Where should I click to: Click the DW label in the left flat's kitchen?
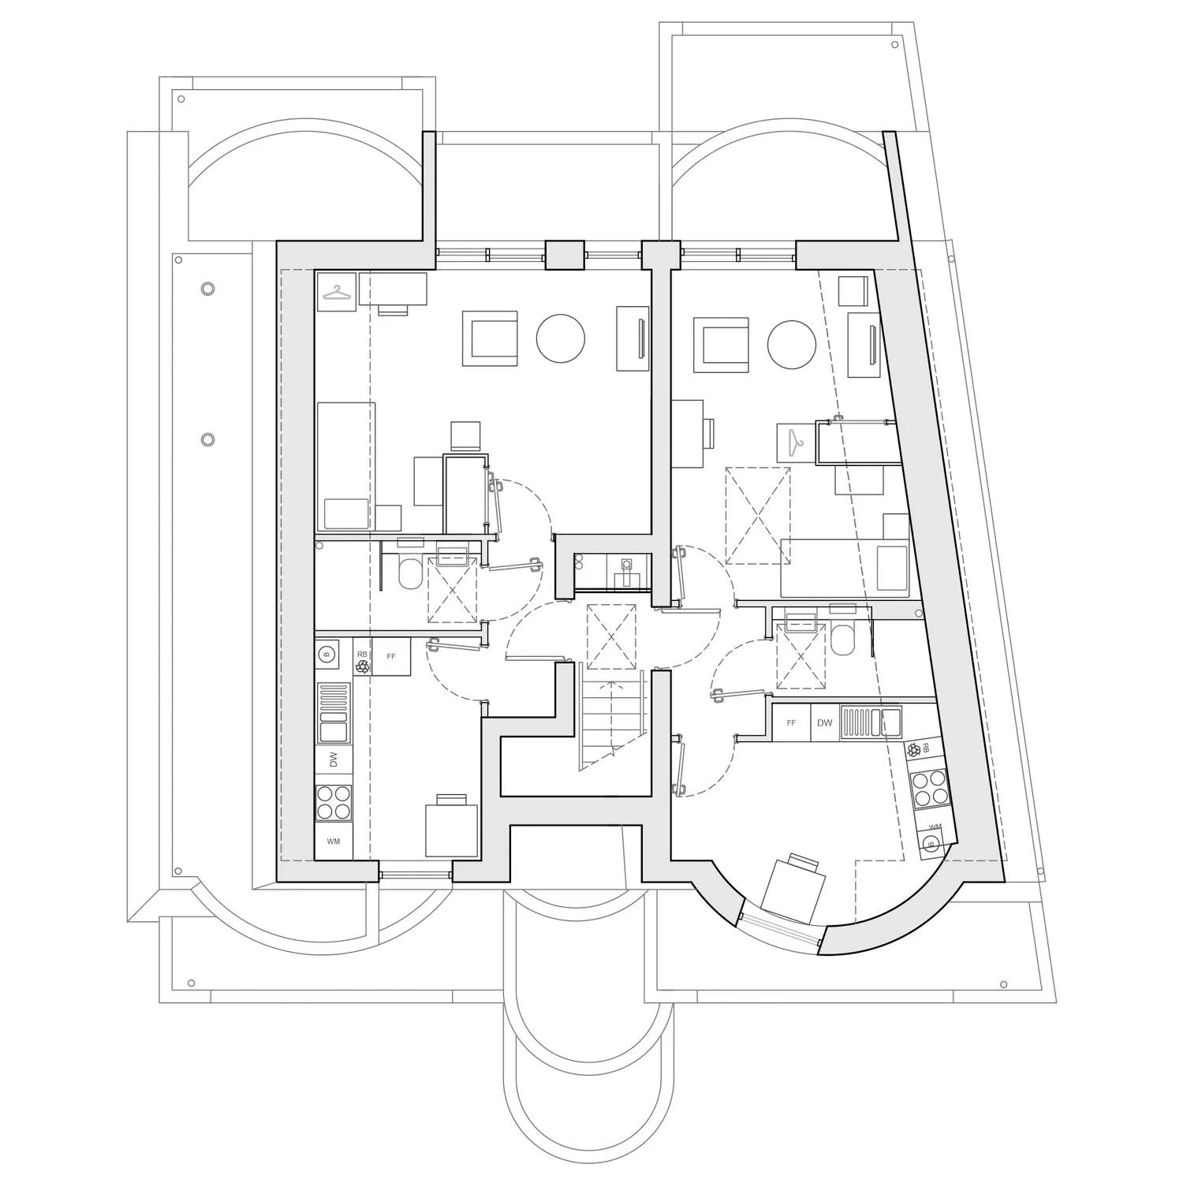(x=334, y=759)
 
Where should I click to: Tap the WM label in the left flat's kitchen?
(x=334, y=842)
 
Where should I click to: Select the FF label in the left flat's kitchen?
(x=391, y=656)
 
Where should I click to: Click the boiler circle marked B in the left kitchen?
(x=327, y=653)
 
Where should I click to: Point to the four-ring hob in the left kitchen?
(x=334, y=802)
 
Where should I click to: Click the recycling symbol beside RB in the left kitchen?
(x=362, y=666)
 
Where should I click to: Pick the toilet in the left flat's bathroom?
(x=410, y=574)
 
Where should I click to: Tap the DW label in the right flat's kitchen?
(x=824, y=723)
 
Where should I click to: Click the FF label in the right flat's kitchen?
(x=791, y=723)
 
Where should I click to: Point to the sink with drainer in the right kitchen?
(x=871, y=723)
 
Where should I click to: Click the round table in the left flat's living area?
(x=561, y=338)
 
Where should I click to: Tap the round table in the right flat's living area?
(x=792, y=345)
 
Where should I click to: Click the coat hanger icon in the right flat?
(x=795, y=443)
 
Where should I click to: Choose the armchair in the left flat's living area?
(x=490, y=338)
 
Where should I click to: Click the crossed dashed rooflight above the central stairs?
(x=611, y=636)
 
